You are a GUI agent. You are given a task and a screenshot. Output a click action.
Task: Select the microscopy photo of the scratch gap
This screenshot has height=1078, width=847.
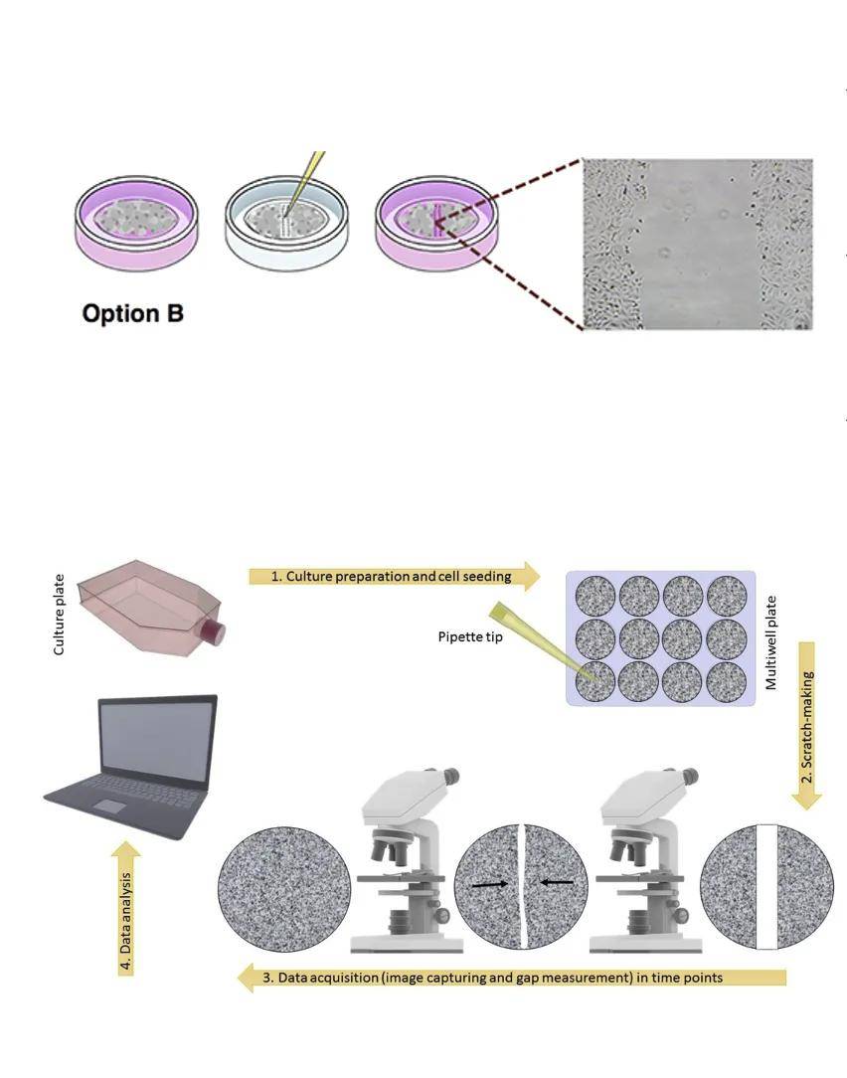(x=697, y=244)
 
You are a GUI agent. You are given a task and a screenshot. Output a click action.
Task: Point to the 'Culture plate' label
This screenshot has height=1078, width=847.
(x=59, y=615)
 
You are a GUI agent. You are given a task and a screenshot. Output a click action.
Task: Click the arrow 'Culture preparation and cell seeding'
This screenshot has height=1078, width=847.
(x=393, y=576)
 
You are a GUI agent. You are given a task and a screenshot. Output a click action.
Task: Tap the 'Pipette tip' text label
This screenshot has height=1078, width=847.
(x=470, y=636)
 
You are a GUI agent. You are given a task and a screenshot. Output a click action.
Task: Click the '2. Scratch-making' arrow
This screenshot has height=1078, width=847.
(x=806, y=726)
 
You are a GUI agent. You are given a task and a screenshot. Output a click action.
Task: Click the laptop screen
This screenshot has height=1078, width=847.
(x=158, y=742)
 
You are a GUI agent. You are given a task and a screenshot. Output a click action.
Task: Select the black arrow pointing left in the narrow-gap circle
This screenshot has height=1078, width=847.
(x=558, y=881)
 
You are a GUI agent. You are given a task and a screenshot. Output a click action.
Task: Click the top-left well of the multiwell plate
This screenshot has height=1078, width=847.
(x=596, y=595)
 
